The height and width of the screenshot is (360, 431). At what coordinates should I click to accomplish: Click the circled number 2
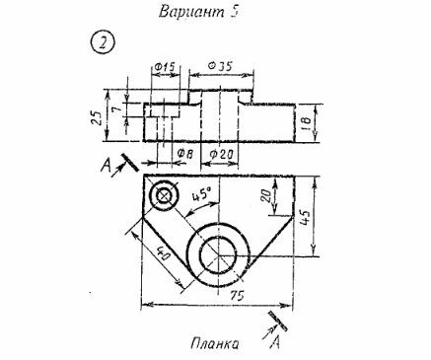pos(103,43)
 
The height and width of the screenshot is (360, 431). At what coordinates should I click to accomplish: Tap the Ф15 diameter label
pos(164,68)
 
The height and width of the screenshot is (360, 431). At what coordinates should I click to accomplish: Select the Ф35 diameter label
pos(220,66)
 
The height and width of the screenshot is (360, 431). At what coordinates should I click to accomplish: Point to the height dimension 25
pos(96,117)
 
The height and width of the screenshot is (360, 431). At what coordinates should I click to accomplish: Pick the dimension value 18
pos(306,122)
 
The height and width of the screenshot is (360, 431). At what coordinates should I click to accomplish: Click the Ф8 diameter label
pos(184,154)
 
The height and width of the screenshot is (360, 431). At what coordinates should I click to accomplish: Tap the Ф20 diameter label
pos(221,154)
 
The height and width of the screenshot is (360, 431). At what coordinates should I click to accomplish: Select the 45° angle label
pos(201,194)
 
